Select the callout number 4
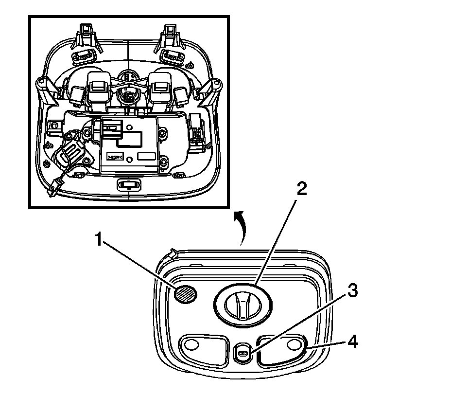click(354, 342)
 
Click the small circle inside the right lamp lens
click(293, 344)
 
